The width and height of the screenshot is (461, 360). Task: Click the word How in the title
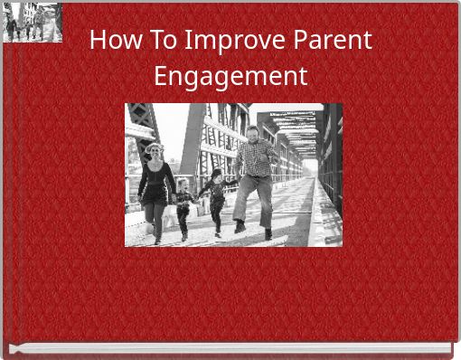click(114, 41)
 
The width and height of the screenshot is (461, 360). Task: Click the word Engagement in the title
click(230, 76)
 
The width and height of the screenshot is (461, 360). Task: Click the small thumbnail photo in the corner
click(33, 23)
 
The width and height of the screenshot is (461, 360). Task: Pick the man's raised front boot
click(240, 226)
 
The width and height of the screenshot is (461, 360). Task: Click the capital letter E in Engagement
click(161, 75)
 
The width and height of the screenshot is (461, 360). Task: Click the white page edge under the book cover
click(230, 349)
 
